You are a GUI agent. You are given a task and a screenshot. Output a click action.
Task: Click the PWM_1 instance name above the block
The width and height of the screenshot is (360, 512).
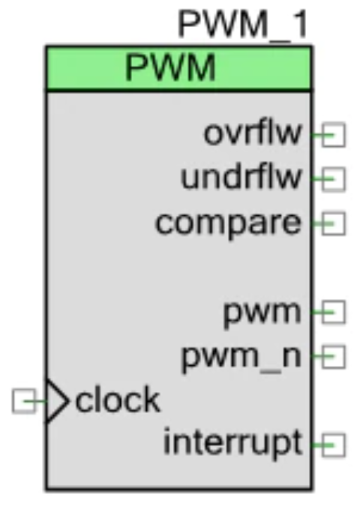pos(242,25)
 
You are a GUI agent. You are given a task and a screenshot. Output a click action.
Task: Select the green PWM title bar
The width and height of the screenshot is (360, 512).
pos(178,68)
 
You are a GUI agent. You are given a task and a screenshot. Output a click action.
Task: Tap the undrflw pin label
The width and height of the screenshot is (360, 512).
pos(241,178)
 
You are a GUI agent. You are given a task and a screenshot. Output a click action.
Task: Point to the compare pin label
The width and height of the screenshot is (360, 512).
pos(228,223)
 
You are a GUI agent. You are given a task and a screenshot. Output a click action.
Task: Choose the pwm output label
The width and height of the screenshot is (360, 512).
pos(262,313)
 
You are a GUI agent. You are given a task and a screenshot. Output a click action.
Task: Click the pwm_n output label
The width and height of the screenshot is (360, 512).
pos(241,358)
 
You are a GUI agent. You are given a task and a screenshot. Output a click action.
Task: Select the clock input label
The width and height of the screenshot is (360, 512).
pos(118,400)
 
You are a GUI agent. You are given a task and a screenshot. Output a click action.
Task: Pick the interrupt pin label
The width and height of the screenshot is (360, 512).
pos(232,443)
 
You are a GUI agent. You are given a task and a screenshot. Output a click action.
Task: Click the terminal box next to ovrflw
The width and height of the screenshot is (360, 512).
pos(333,134)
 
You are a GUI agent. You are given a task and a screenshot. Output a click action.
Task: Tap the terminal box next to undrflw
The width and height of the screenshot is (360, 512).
pos(333,179)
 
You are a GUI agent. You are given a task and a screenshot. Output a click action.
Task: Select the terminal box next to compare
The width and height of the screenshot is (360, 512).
pos(333,223)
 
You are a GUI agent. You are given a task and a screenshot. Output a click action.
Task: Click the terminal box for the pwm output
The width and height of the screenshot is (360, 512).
pos(333,313)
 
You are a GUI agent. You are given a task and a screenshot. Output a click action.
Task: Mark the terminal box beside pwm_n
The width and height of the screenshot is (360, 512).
pos(333,357)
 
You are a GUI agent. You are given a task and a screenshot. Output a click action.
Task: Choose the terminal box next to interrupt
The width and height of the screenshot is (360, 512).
pos(333,445)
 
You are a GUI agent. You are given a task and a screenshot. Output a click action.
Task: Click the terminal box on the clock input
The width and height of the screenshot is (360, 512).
pos(24,401)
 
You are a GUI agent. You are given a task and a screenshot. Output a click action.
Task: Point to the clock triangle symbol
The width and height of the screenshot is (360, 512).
pos(58,401)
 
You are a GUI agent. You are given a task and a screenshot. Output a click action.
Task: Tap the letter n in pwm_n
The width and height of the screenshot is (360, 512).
pos(292,357)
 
